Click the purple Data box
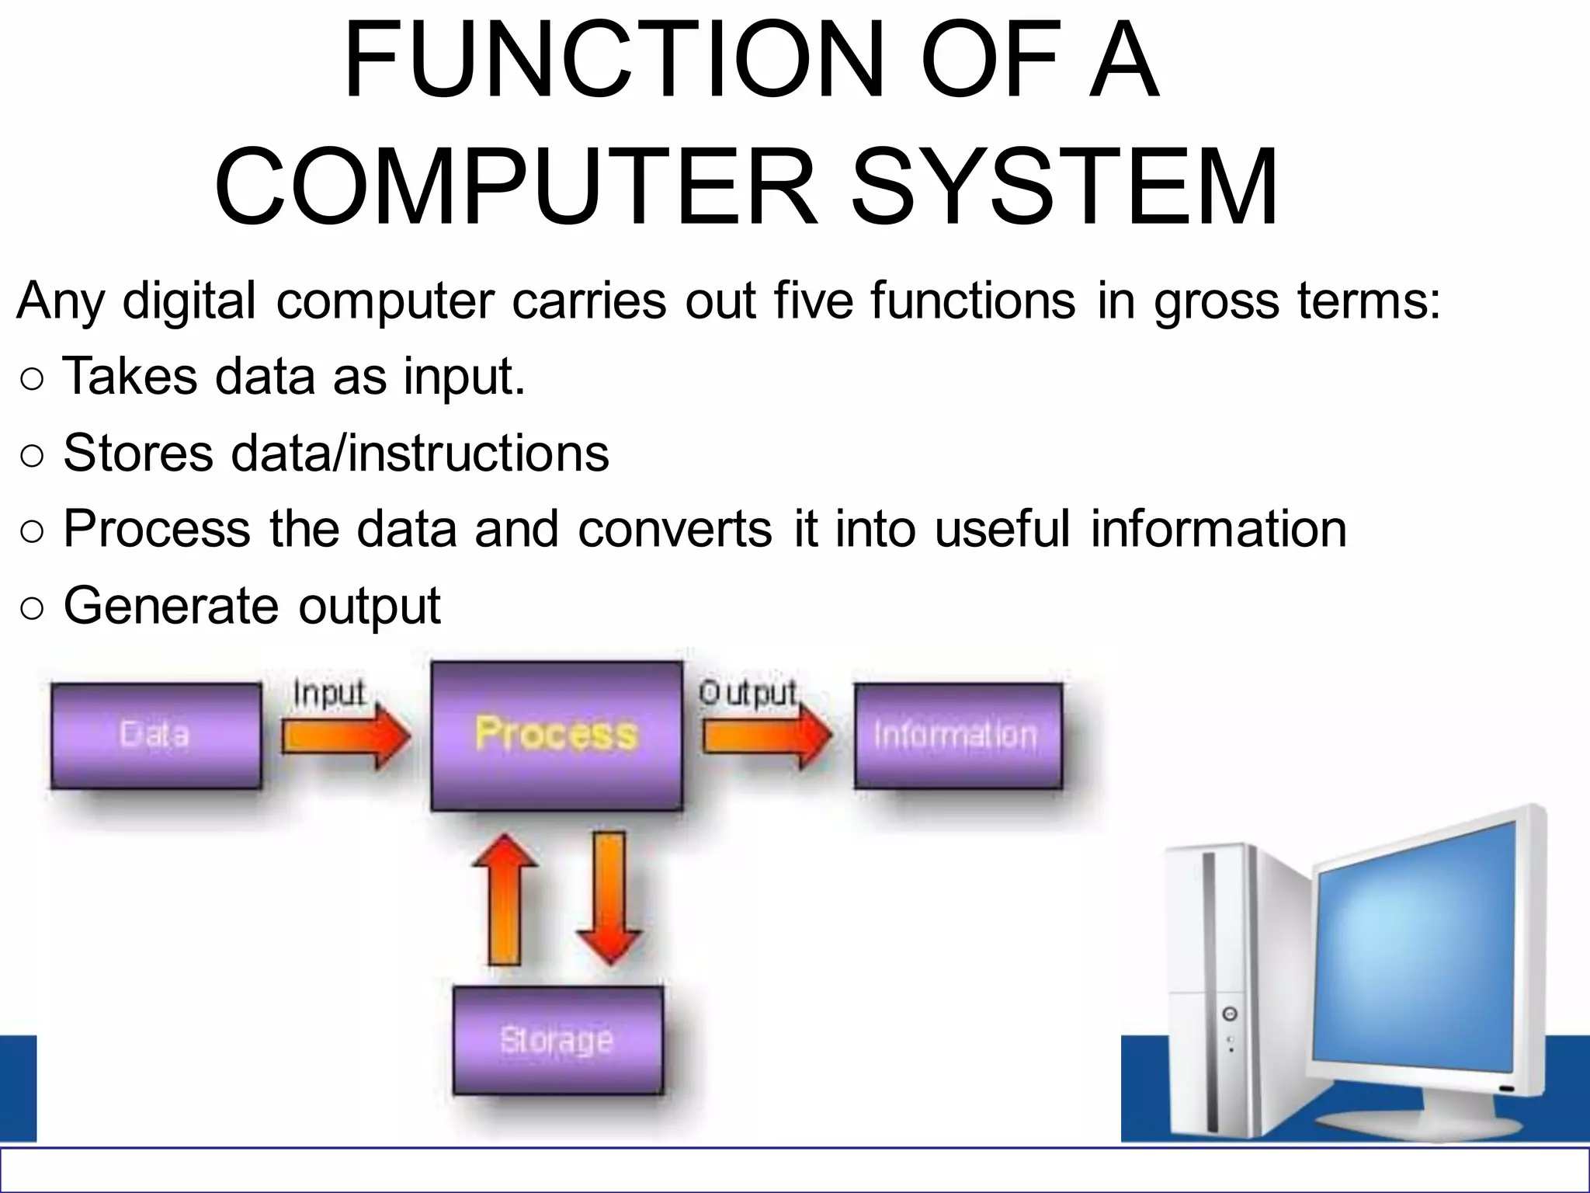pyautogui.click(x=155, y=736)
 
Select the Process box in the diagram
pyautogui.click(x=557, y=736)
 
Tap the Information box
pyautogui.click(x=957, y=736)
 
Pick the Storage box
pyautogui.click(x=557, y=1040)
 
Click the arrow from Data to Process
pyautogui.click(x=345, y=736)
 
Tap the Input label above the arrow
pyautogui.click(x=329, y=693)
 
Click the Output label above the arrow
pyautogui.click(x=748, y=693)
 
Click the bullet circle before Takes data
pyautogui.click(x=33, y=380)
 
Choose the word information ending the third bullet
pyautogui.click(x=1218, y=529)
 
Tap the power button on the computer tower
pyautogui.click(x=1230, y=1014)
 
